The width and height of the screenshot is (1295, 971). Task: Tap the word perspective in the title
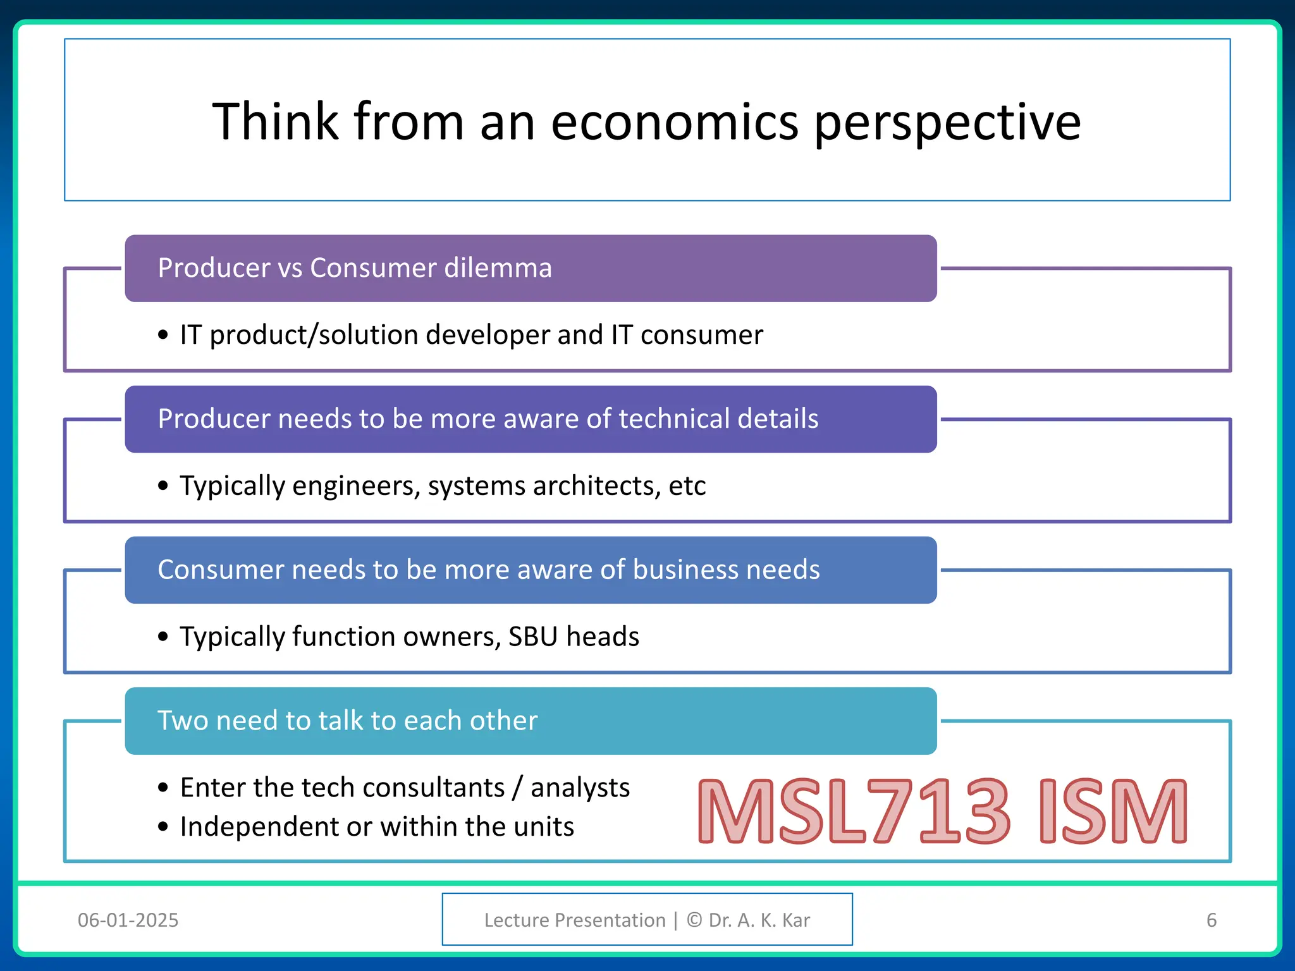click(x=947, y=123)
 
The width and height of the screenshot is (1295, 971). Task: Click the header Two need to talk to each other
click(x=347, y=721)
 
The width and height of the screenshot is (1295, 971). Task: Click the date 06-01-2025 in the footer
click(x=128, y=920)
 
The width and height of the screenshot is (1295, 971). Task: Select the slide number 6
click(x=1211, y=920)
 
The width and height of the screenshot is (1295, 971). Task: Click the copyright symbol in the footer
click(x=694, y=920)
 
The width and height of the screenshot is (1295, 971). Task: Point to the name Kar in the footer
click(x=795, y=920)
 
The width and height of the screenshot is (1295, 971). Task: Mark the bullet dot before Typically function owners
click(x=163, y=637)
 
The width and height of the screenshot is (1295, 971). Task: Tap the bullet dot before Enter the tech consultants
click(x=163, y=788)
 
